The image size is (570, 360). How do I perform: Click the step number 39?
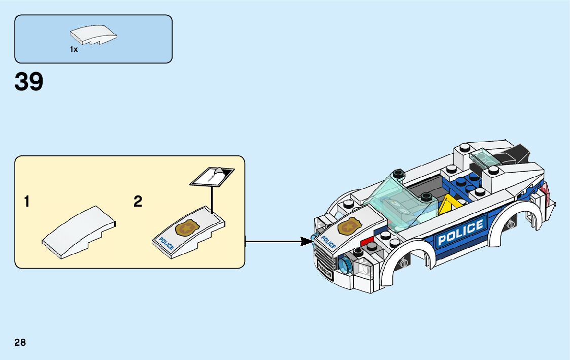tap(29, 82)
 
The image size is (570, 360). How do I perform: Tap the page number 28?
tap(20, 343)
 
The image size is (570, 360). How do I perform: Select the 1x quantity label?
tap(74, 49)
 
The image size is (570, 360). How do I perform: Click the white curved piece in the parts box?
tap(94, 36)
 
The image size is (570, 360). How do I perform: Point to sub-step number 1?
tap(26, 202)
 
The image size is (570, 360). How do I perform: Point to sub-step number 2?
tap(138, 202)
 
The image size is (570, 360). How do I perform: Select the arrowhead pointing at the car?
tap(307, 241)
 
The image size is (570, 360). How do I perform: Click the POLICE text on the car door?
tap(460, 232)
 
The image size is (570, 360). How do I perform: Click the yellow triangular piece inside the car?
tap(447, 206)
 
